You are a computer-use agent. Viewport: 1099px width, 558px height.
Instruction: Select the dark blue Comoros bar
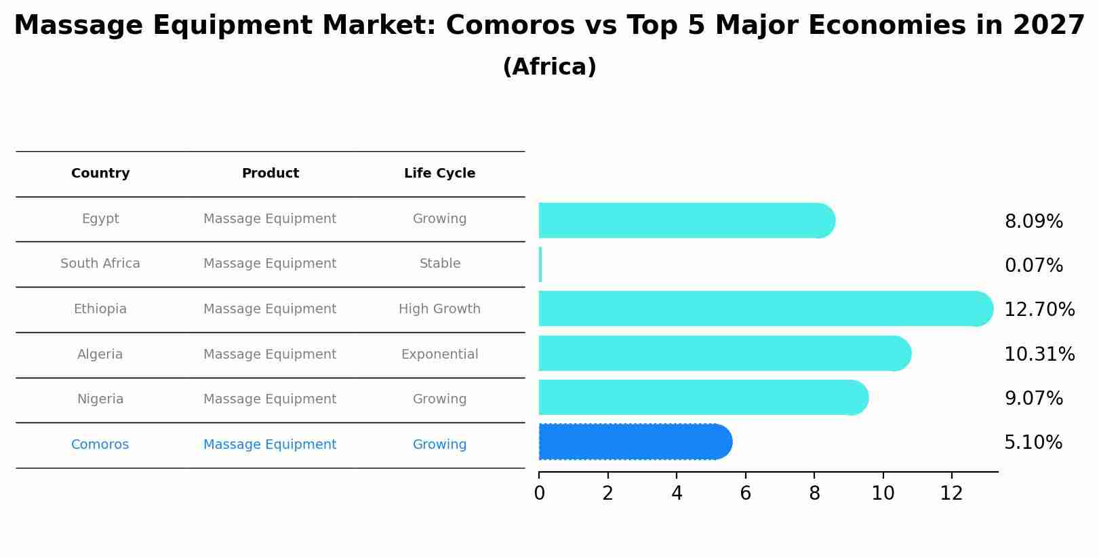[x=635, y=442]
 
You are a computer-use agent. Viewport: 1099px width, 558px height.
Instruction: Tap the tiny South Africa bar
[x=540, y=264]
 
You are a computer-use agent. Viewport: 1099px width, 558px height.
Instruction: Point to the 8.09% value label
[x=1033, y=222]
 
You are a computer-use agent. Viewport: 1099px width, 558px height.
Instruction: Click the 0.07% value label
[x=1033, y=266]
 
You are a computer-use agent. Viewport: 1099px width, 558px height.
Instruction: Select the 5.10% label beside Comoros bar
[x=1033, y=443]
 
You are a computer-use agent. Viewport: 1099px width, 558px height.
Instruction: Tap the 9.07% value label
[x=1033, y=399]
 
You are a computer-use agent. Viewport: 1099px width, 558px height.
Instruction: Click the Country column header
[x=100, y=174]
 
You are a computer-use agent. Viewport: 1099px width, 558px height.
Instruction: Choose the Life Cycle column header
[x=439, y=174]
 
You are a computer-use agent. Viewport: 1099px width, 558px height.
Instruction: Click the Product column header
[x=270, y=174]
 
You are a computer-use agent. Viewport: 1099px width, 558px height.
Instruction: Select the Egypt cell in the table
[x=100, y=219]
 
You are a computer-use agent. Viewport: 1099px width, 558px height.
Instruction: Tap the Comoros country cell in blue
[x=100, y=445]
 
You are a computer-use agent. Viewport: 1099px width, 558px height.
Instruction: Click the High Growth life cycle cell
[x=439, y=309]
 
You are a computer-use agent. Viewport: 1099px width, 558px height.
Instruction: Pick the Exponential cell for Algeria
[x=439, y=355]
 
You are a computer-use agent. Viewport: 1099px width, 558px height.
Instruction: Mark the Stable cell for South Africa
[x=439, y=264]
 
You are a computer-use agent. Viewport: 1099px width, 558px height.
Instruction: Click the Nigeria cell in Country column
[x=100, y=399]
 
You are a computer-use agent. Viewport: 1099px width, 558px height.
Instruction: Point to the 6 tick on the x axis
[x=745, y=494]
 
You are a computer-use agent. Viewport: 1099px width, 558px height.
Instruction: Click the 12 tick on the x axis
[x=951, y=494]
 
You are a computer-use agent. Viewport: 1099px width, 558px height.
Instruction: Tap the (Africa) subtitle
[x=549, y=67]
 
